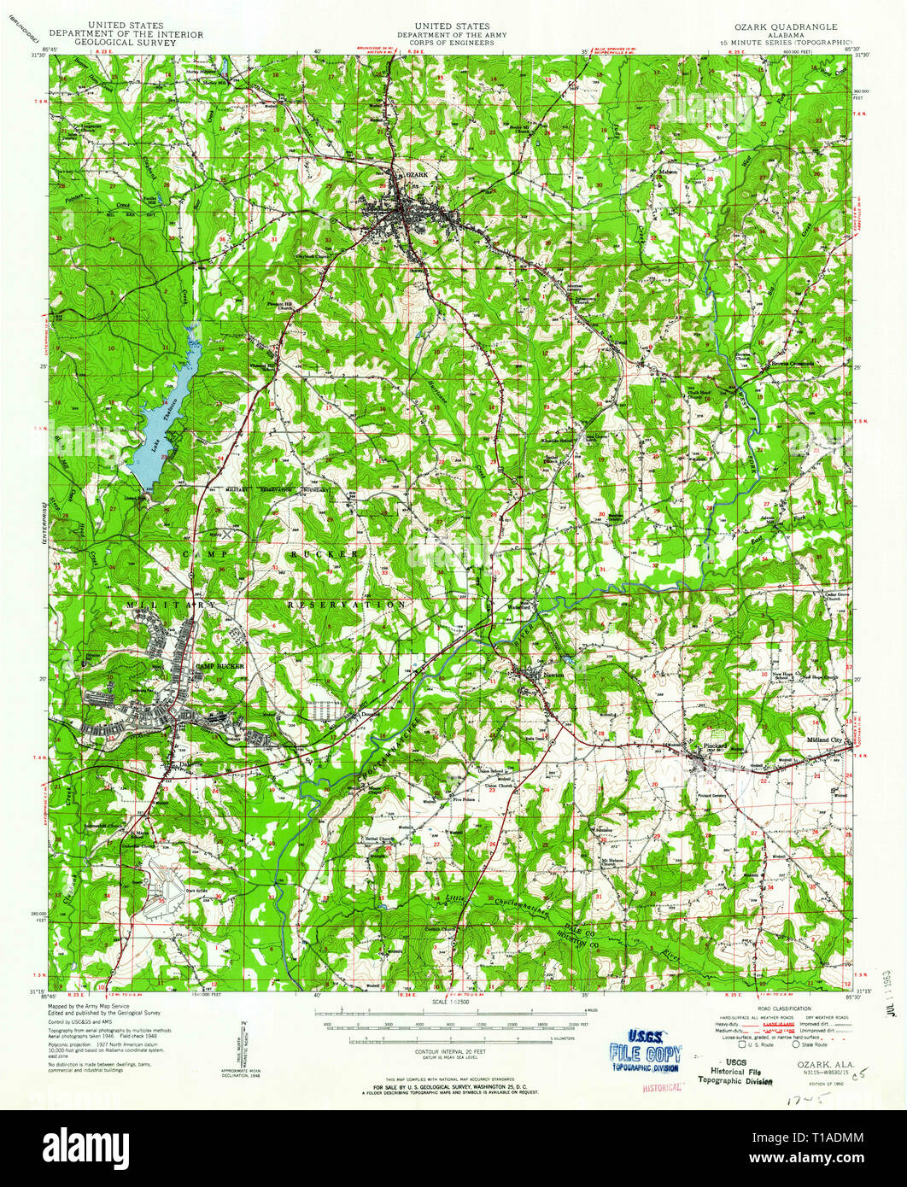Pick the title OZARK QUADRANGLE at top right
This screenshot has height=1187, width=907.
(x=790, y=27)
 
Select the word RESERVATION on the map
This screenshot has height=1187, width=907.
(x=346, y=605)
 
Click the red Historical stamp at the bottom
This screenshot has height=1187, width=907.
(x=661, y=1087)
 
